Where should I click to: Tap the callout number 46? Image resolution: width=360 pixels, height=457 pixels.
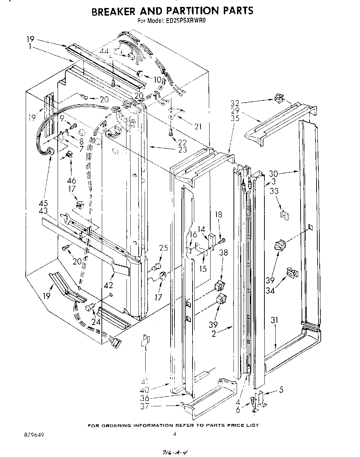[x=71, y=180]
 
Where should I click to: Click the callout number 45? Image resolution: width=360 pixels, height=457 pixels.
[x=43, y=203]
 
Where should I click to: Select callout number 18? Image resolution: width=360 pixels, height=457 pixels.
[x=218, y=214]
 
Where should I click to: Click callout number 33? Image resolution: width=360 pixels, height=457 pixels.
[x=274, y=191]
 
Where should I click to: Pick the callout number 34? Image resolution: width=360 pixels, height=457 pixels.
[x=270, y=290]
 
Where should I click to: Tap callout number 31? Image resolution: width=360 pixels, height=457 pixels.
[x=275, y=320]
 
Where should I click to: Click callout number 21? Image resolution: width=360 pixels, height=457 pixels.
[x=198, y=127]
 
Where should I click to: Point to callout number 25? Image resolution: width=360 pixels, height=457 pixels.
[x=163, y=248]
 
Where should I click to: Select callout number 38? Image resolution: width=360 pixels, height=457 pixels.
[x=223, y=253]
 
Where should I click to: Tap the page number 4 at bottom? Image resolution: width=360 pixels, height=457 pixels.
[x=174, y=433]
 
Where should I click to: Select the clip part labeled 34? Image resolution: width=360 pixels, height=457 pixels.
[x=292, y=273]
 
